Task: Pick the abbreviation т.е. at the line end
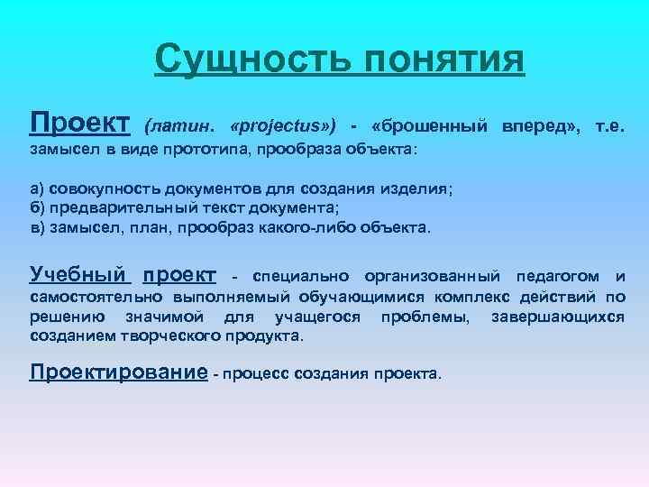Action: (x=610, y=123)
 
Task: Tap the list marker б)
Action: (x=38, y=209)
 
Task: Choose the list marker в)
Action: (x=38, y=228)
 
